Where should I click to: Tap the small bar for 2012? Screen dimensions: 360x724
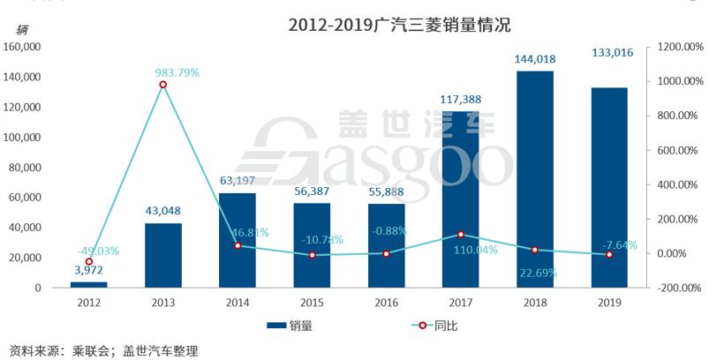pyautogui.click(x=88, y=284)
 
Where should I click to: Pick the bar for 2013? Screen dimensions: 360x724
pyautogui.click(x=163, y=255)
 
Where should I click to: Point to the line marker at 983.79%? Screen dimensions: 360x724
pyautogui.click(x=163, y=85)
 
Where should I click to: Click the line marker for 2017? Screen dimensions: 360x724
pyautogui.click(x=460, y=235)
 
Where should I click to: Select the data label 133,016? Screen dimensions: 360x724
pyautogui.click(x=609, y=54)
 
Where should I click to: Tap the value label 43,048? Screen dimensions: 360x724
pyautogui.click(x=163, y=211)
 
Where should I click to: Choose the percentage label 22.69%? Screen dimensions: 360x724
pyautogui.click(x=536, y=273)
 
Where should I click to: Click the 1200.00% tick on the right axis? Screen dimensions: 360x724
pyautogui.click(x=677, y=47)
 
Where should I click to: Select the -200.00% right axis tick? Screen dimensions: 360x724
pyautogui.click(x=677, y=288)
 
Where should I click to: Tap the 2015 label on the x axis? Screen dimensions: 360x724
pyautogui.click(x=312, y=303)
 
